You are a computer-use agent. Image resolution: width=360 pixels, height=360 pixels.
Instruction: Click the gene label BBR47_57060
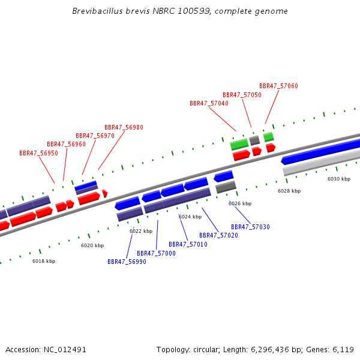coord(278,86)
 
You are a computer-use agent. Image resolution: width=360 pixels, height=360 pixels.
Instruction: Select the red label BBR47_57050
coord(242,95)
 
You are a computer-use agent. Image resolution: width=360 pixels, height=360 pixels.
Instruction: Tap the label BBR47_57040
coord(209,103)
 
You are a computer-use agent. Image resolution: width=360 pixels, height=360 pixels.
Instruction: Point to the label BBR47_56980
coord(124,127)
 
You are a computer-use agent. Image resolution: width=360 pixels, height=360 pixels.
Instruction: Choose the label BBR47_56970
coord(95,136)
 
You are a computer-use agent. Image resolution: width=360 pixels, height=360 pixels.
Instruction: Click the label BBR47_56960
coord(66,144)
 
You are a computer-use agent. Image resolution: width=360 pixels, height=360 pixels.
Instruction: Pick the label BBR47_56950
coord(38,153)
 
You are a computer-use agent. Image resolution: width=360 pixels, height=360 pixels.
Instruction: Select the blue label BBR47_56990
coord(127,262)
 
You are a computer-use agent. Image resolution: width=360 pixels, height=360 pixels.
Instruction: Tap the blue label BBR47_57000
coord(156,253)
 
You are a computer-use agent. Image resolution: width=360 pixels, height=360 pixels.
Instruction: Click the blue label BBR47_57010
coord(188,244)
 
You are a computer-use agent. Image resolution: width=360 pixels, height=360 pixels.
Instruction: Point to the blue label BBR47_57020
coord(218,235)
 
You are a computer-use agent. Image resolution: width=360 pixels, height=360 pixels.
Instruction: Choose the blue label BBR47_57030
coord(250,227)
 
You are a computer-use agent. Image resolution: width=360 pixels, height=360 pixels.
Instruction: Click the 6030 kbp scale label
coord(338,179)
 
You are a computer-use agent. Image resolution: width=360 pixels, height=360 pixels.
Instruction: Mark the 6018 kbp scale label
coord(44,261)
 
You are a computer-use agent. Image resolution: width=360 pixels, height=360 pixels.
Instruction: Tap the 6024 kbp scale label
coord(190,217)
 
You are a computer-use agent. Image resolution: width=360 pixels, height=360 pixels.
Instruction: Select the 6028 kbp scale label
coord(289,190)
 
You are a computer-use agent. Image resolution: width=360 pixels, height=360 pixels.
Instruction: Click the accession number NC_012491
coord(65,349)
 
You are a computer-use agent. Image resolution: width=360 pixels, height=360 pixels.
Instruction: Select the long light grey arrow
coord(321,162)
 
